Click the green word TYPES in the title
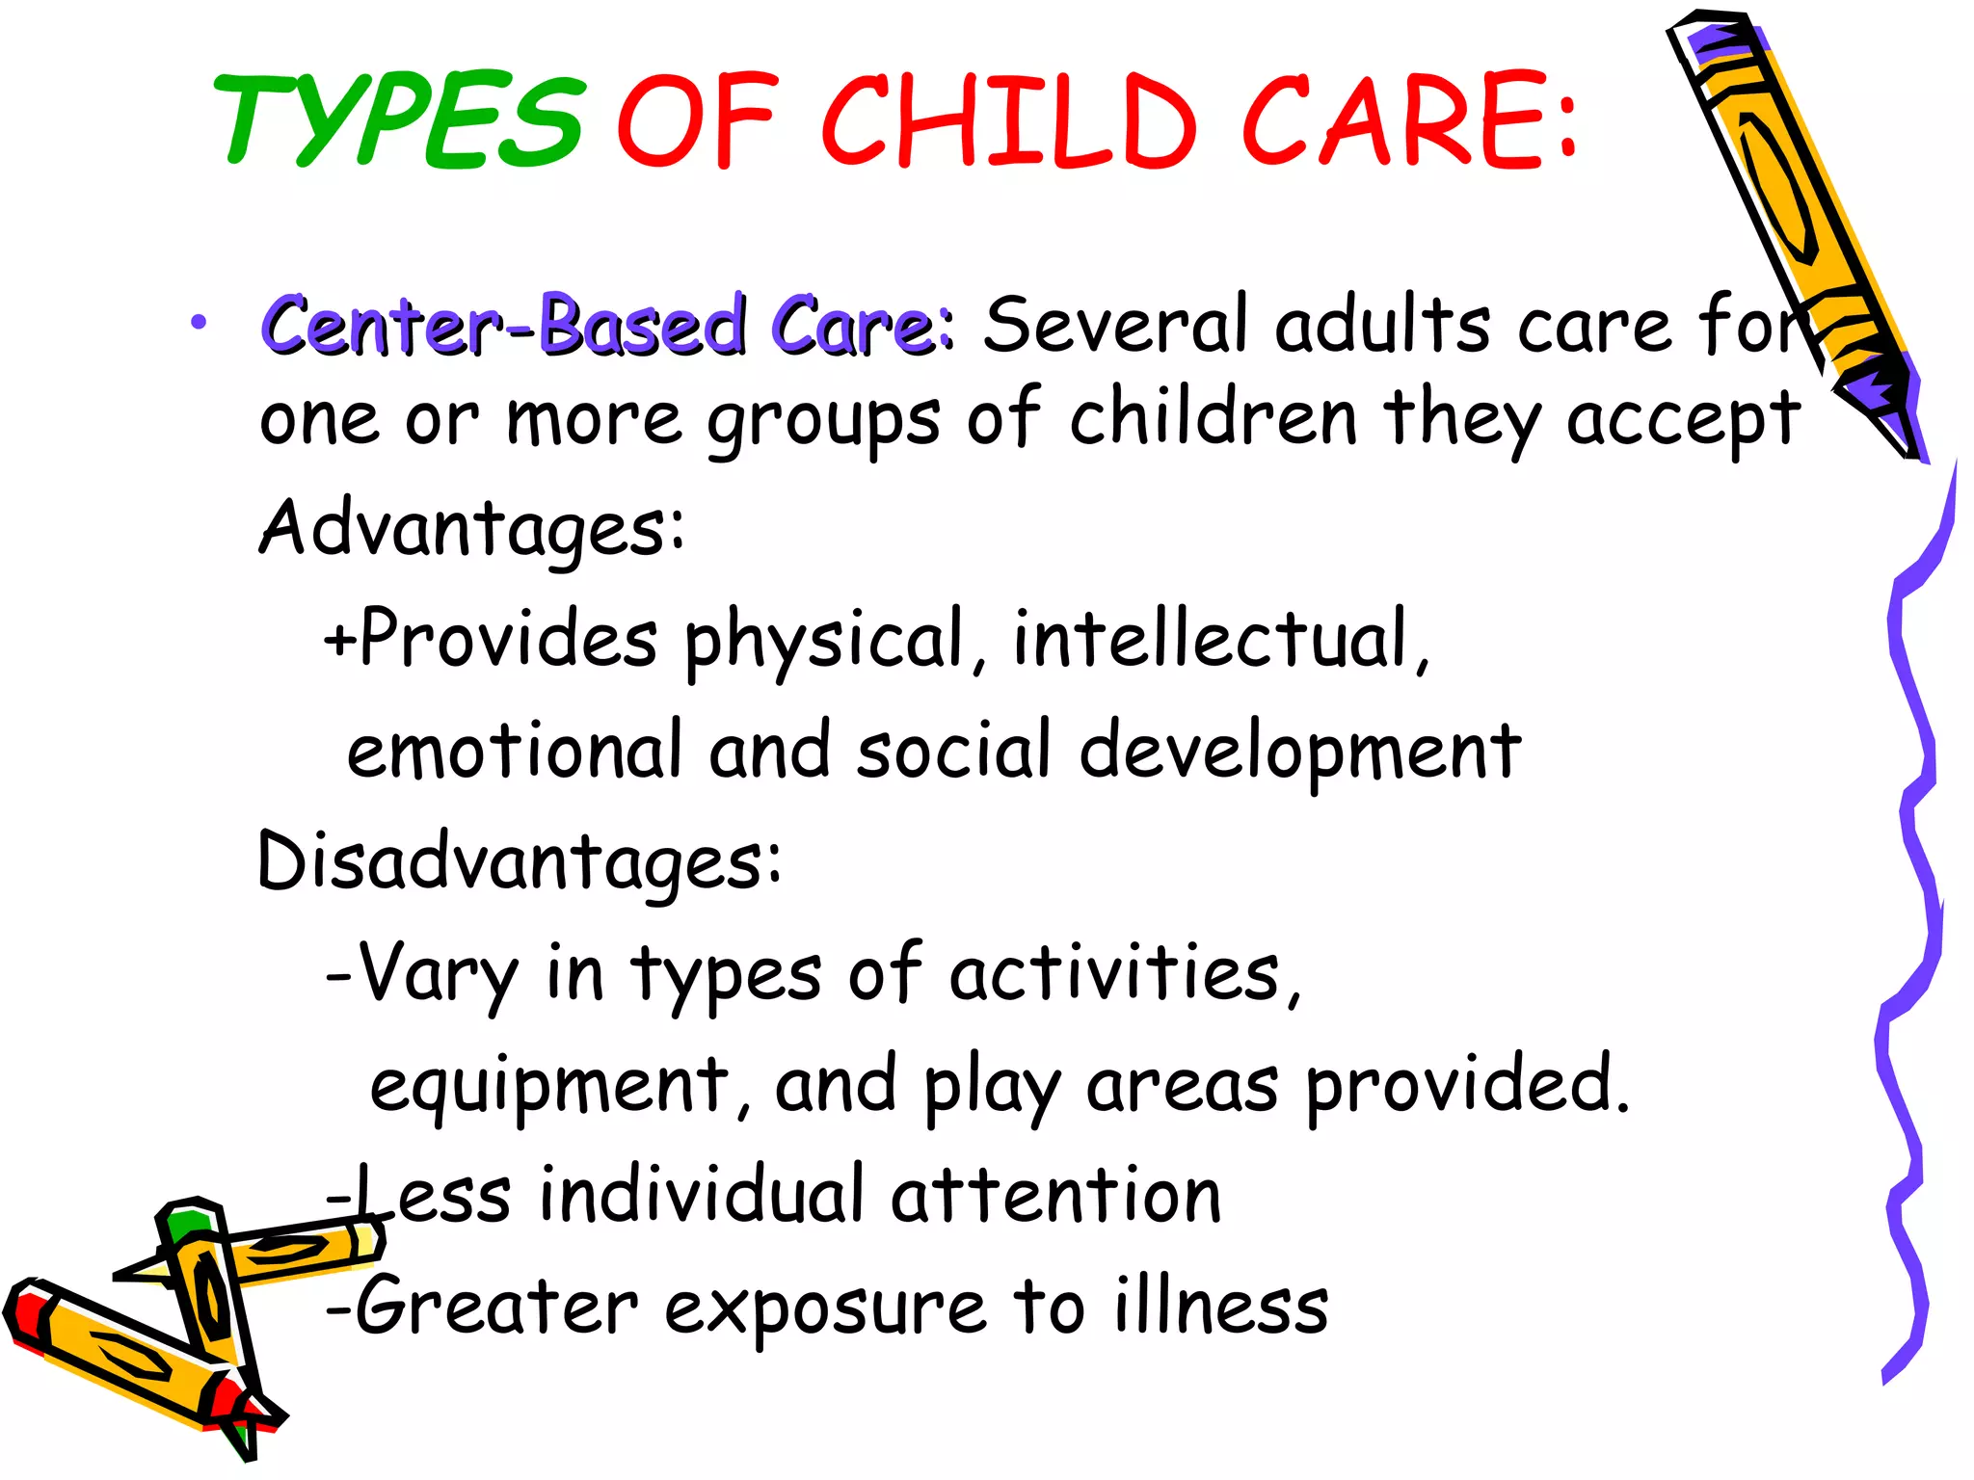pyautogui.click(x=400, y=120)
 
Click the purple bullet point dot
pyautogui.click(x=199, y=323)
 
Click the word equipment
pyautogui.click(x=549, y=1087)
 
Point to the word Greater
pyautogui.click(x=496, y=1307)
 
